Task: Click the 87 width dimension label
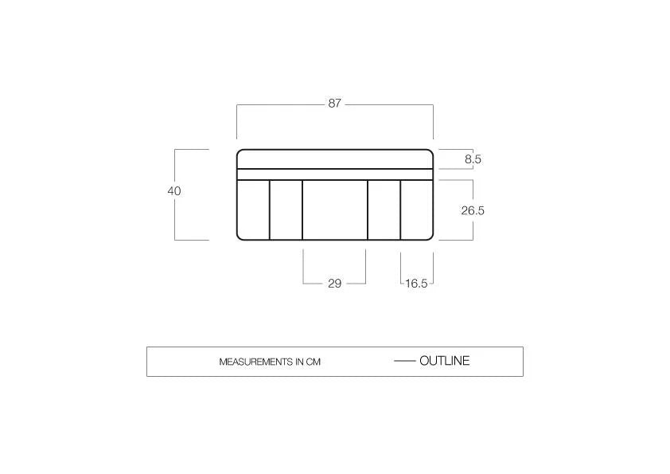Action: tap(334, 104)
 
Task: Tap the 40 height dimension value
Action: tap(174, 191)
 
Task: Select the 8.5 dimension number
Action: tap(473, 159)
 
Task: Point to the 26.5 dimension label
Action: tap(473, 210)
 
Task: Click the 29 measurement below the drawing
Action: tap(334, 283)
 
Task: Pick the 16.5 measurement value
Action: tap(416, 284)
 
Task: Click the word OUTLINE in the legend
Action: tap(444, 361)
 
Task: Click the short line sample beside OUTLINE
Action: tap(405, 362)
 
